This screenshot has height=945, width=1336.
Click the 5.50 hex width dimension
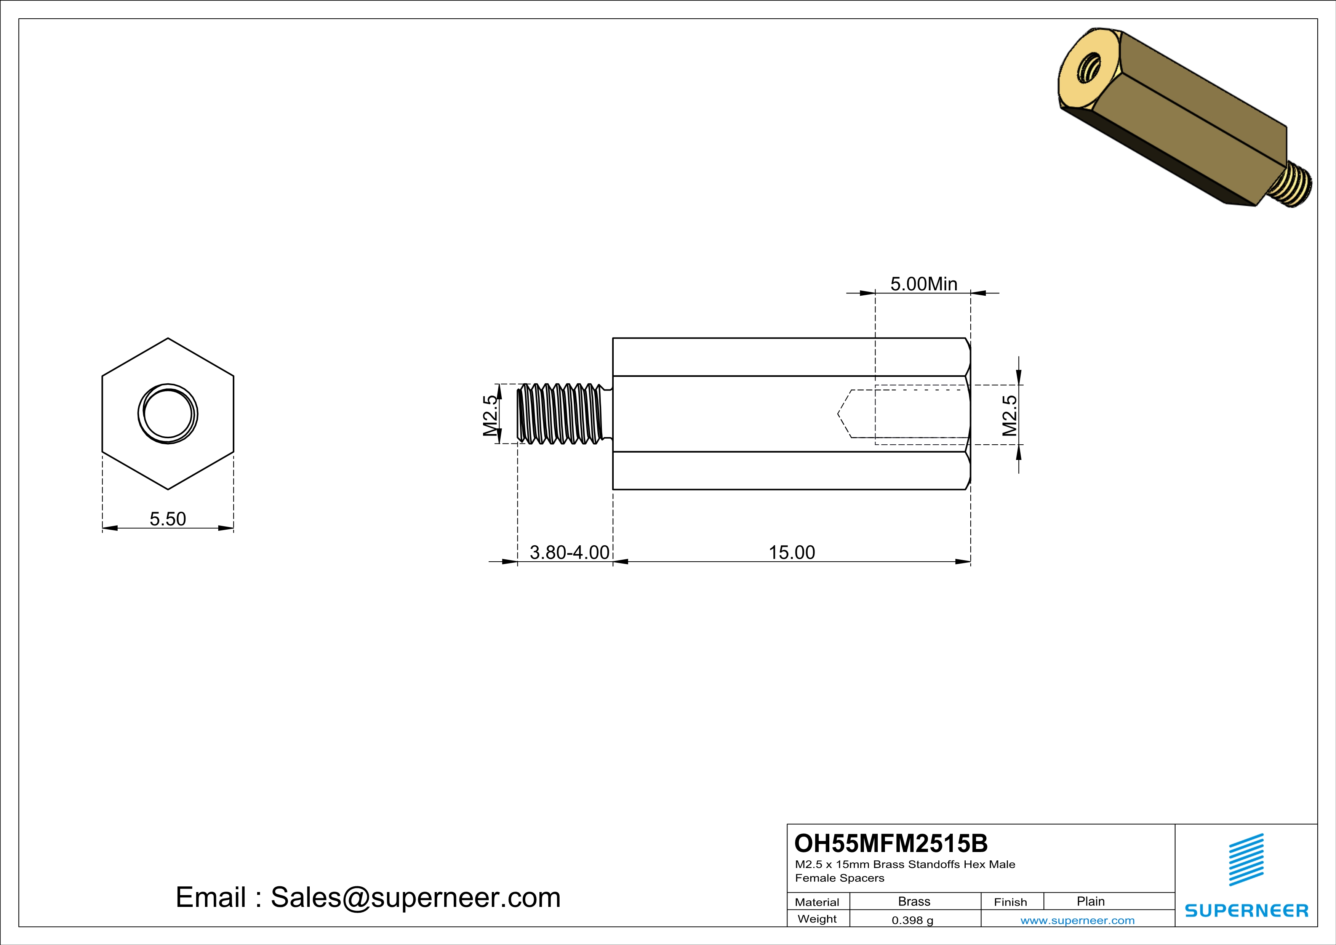point(168,519)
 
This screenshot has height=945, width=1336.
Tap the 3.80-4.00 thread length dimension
point(569,552)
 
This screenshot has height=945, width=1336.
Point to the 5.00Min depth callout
point(923,284)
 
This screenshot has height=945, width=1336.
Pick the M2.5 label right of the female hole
point(1010,415)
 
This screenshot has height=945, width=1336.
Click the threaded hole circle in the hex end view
point(168,414)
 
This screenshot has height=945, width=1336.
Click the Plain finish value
point(1090,901)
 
